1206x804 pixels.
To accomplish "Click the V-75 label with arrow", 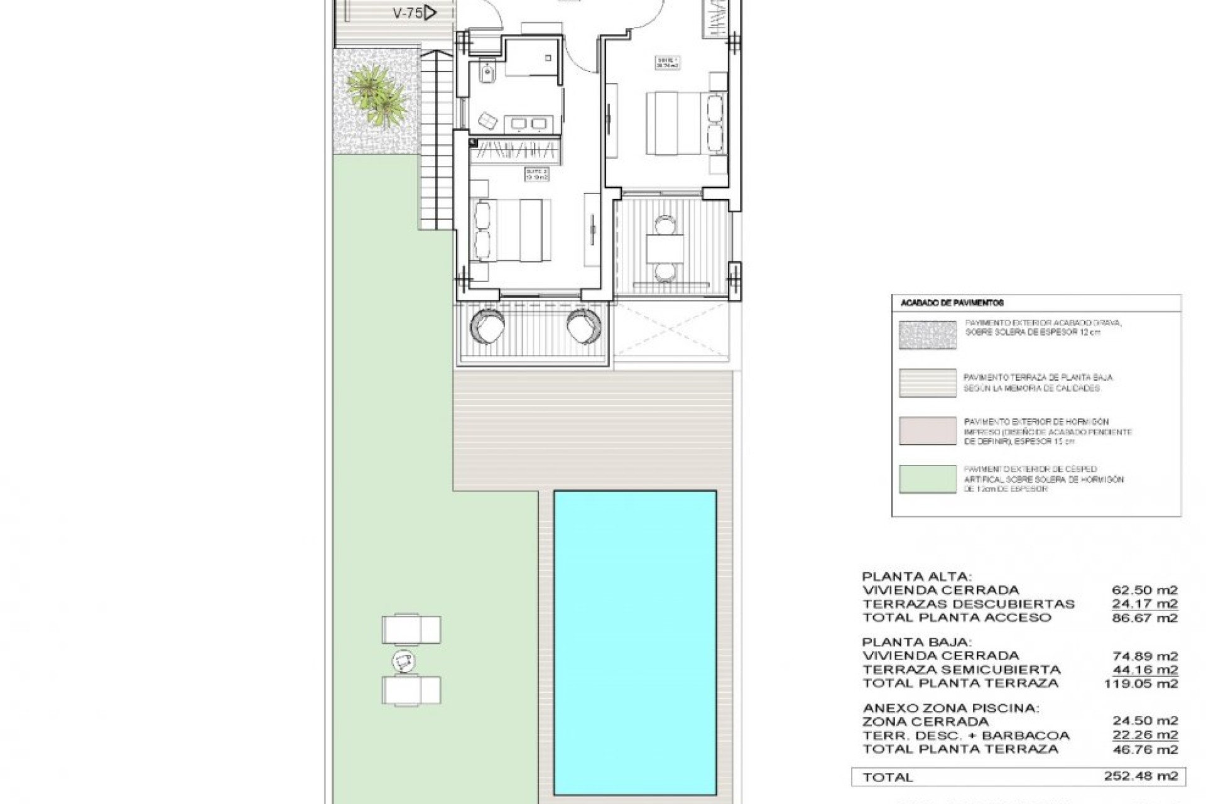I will point(415,13).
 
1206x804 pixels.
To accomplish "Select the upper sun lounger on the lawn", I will point(411,629).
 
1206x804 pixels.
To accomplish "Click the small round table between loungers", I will point(403,660).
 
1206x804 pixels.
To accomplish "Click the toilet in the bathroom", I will point(487,75).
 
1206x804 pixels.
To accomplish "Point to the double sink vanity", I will point(529,124).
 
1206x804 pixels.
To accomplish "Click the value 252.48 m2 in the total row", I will point(1141,776).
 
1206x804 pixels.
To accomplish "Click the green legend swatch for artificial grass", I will point(927,479).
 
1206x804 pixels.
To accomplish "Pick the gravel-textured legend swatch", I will point(927,335).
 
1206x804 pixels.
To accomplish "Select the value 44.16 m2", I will point(1144,670).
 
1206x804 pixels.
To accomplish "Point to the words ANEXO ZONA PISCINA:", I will point(950,708).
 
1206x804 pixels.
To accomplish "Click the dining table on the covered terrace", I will point(666,247).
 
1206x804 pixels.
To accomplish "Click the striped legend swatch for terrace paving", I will point(927,383).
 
